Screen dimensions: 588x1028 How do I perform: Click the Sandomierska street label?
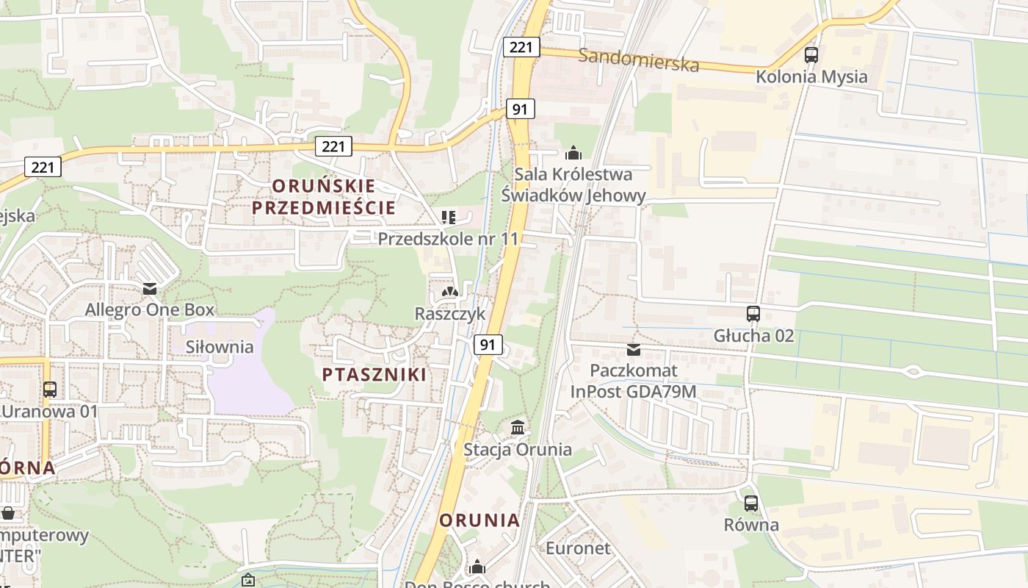(638, 60)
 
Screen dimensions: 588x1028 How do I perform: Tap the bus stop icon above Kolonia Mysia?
(811, 54)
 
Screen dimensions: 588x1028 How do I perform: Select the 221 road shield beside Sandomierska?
(521, 47)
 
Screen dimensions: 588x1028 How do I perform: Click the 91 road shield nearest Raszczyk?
(488, 344)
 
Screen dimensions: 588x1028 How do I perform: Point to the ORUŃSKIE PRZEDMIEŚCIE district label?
(324, 196)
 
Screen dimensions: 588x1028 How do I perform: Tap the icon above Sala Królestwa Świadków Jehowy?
(573, 153)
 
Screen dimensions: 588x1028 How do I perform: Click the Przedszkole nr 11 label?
(448, 238)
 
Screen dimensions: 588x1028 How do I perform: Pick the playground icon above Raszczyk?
(449, 292)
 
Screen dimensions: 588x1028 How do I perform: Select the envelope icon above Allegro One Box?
(150, 288)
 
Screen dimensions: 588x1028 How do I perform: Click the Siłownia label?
(220, 347)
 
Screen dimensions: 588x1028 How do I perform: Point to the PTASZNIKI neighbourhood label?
(374, 374)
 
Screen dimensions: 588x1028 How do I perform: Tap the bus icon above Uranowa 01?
(50, 389)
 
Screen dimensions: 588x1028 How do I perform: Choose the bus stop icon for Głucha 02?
(753, 314)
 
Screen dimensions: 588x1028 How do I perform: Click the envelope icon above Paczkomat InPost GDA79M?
(634, 349)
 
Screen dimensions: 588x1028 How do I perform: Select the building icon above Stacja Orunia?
(518, 427)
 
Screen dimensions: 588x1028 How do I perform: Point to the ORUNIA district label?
(479, 520)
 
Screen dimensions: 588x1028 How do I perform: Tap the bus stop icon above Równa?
(750, 503)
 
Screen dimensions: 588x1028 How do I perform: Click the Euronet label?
(578, 548)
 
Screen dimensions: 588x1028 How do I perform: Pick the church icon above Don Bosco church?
(477, 567)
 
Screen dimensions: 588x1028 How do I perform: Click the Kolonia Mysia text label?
(811, 76)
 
